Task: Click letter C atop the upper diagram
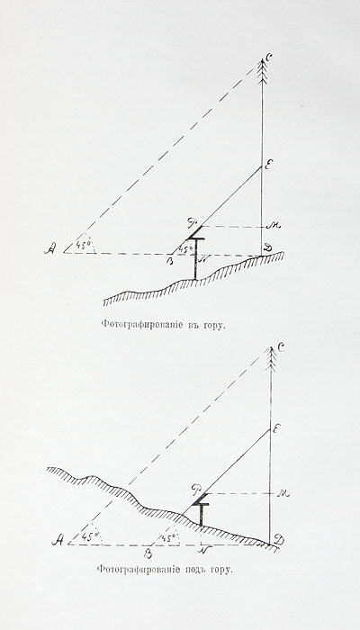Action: (269, 58)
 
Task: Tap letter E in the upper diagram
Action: (265, 164)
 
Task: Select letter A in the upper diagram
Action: (49, 250)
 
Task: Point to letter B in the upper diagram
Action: (171, 260)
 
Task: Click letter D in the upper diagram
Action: (266, 249)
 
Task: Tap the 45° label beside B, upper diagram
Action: (184, 249)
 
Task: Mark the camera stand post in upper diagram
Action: (195, 259)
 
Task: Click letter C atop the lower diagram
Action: (281, 346)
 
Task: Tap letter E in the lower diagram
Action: (276, 429)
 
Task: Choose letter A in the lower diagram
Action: (58, 541)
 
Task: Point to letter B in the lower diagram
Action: (148, 553)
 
